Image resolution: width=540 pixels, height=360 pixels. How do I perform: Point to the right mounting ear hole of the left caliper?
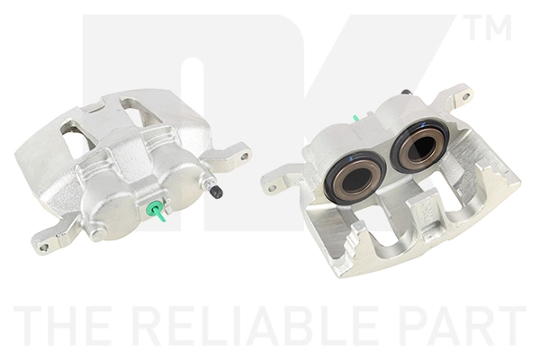(243, 156)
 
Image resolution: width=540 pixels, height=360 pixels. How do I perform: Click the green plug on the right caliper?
(356, 118)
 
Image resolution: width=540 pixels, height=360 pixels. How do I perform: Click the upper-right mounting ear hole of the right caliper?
(463, 94)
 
